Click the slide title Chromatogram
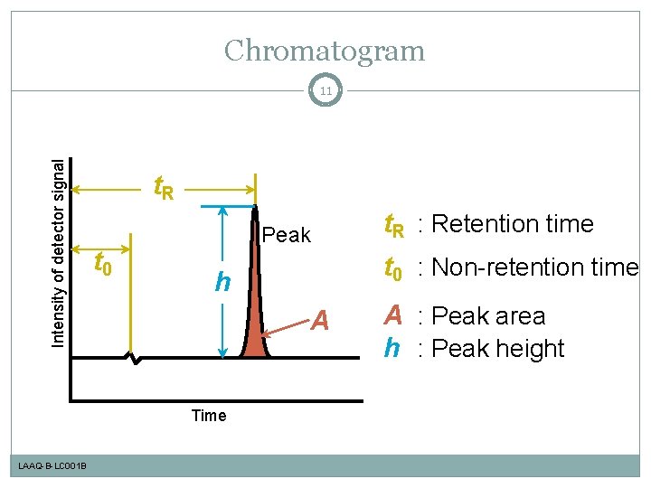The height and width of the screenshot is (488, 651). click(x=325, y=51)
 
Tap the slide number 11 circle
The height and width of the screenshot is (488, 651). click(x=325, y=90)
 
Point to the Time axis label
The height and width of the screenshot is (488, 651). click(x=209, y=416)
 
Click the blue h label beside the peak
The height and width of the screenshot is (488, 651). click(x=221, y=282)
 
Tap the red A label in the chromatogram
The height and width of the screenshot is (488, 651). click(x=320, y=321)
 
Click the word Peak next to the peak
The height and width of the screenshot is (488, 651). click(x=286, y=236)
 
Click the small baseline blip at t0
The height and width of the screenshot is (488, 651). click(x=134, y=359)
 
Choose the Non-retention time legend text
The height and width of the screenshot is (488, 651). click(x=534, y=267)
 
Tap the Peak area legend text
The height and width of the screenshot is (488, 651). click(x=489, y=316)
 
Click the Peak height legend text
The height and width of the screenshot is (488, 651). click(x=499, y=349)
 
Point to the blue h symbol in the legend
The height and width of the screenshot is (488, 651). click(x=392, y=348)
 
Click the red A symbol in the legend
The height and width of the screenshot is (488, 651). click(x=392, y=315)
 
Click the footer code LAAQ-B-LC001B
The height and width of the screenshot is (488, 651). click(x=52, y=465)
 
